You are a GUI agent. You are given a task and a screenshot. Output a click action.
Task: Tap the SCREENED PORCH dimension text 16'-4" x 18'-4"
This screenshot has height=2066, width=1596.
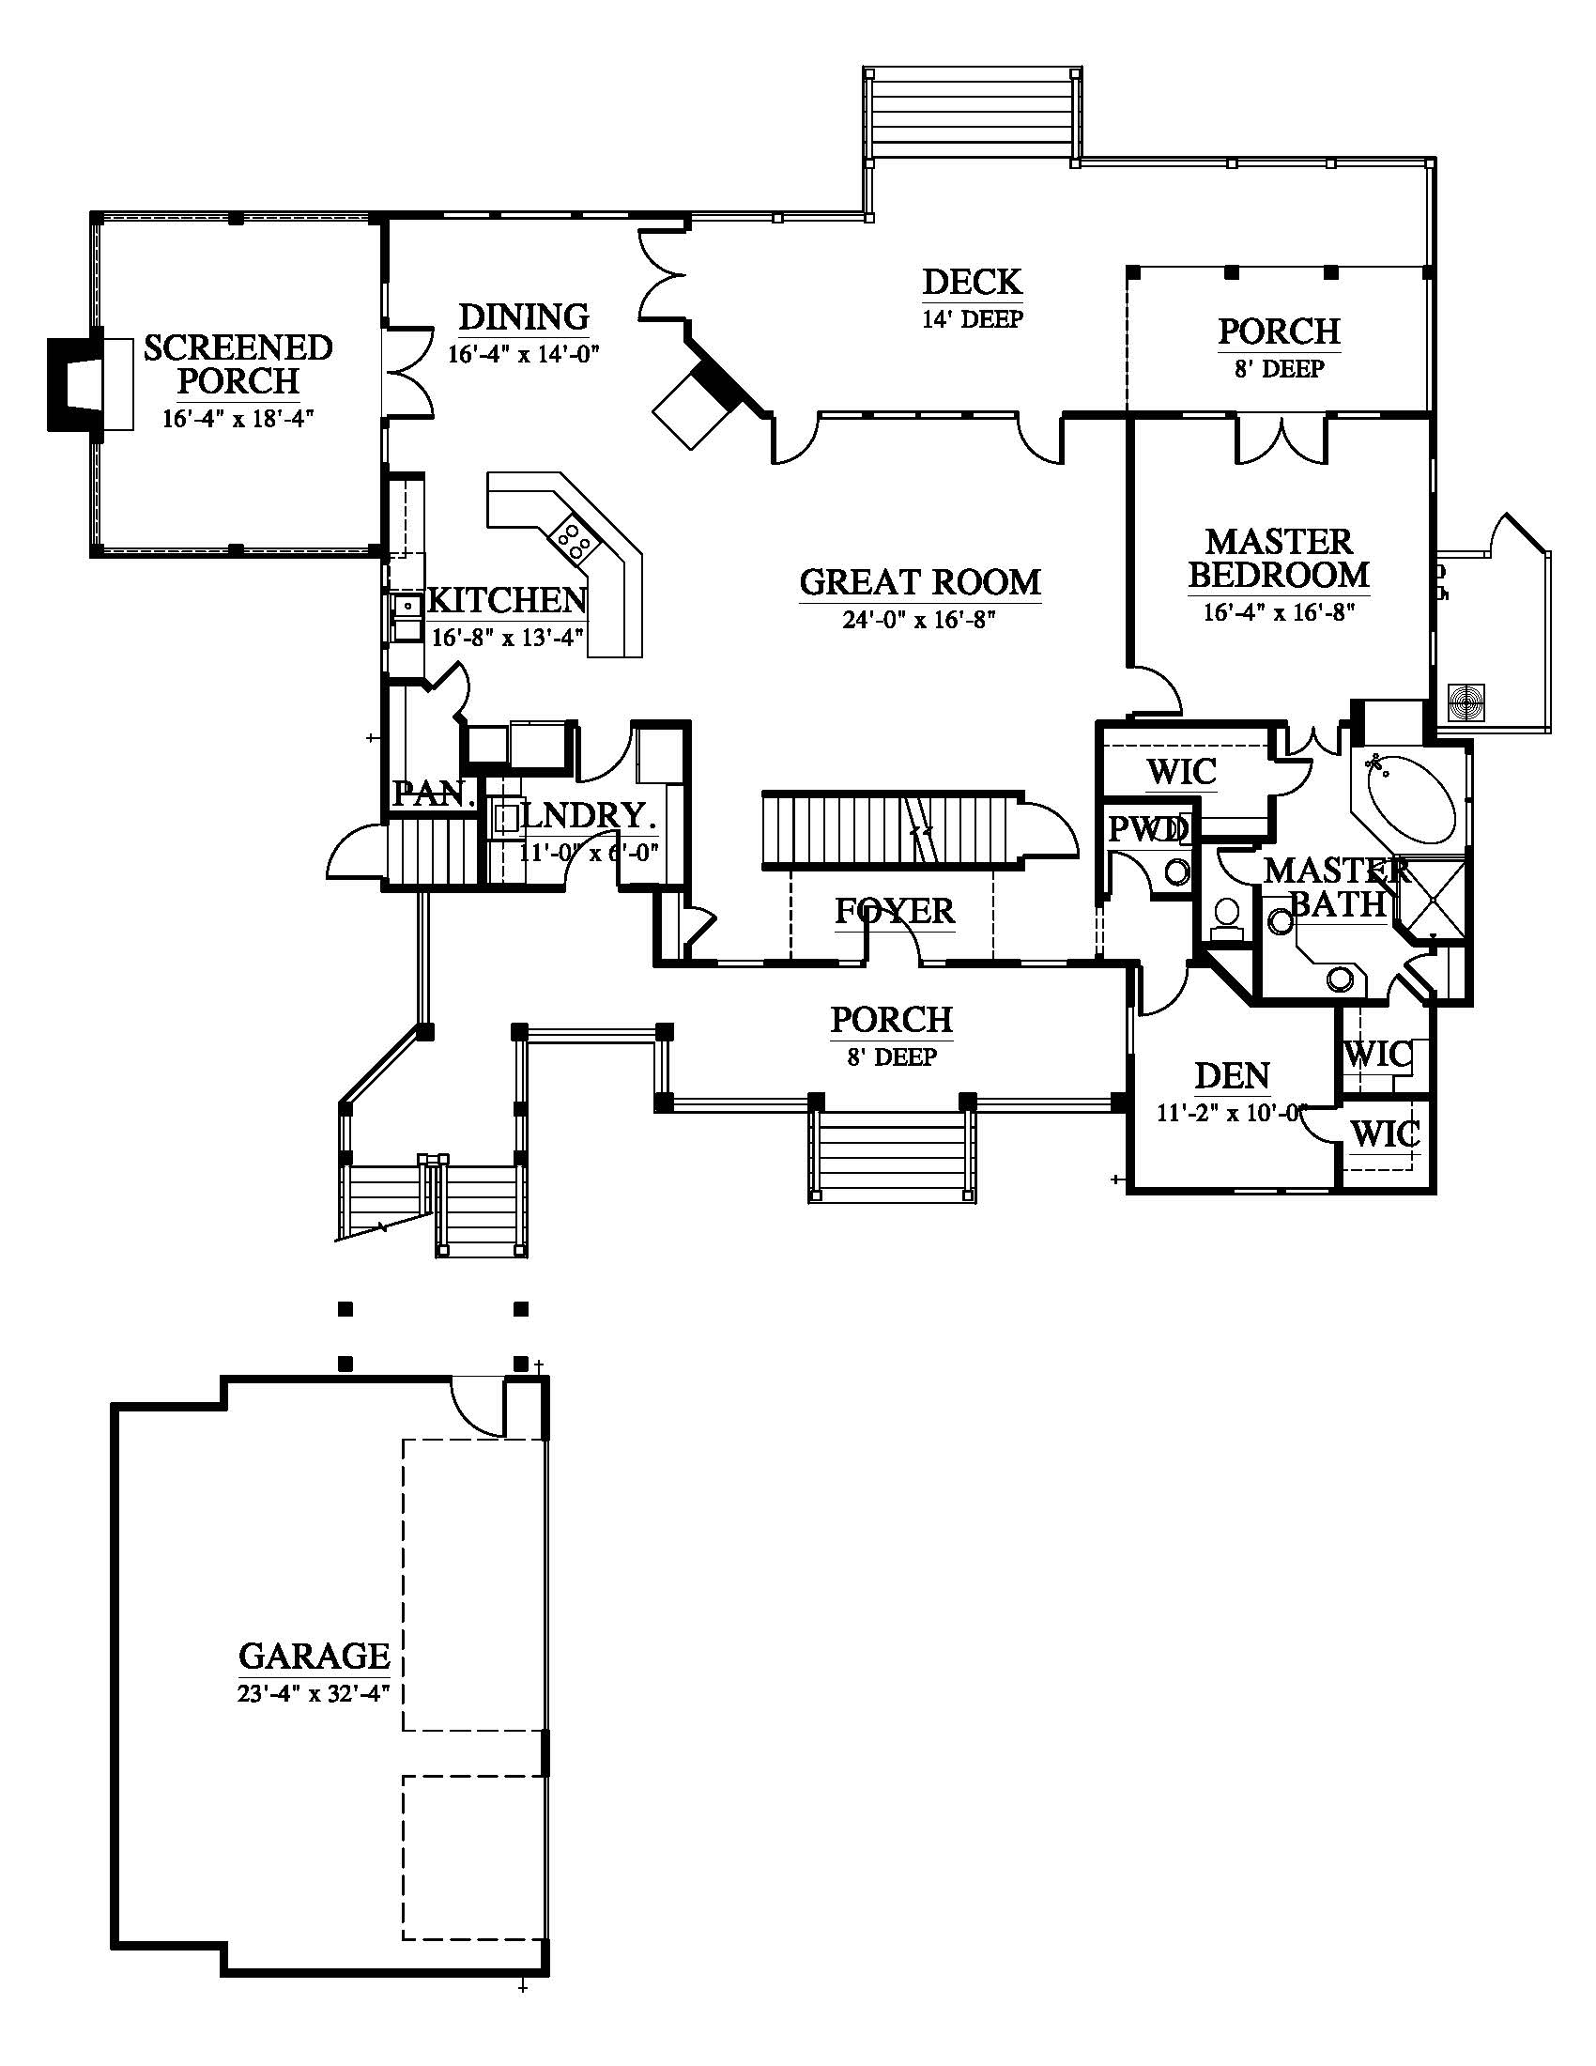tap(238, 418)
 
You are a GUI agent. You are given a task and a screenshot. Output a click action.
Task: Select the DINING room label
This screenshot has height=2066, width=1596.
tap(524, 316)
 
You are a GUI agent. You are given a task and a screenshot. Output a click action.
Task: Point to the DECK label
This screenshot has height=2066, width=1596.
tap(972, 282)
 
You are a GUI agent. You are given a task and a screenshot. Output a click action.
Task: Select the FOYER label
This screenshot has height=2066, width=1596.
tap(895, 911)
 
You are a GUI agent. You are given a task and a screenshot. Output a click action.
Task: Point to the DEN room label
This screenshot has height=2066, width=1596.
tap(1232, 1075)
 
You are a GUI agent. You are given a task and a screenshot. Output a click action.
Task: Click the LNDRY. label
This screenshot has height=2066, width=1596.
tap(587, 815)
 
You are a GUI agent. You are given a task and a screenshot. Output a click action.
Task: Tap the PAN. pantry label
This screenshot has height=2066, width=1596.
tap(434, 793)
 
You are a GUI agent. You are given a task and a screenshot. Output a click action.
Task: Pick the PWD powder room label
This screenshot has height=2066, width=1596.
tap(1147, 829)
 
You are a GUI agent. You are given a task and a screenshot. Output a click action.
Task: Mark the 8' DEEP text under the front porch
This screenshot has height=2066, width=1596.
tap(892, 1056)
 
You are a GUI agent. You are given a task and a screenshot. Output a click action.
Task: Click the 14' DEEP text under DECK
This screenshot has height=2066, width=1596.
tap(972, 318)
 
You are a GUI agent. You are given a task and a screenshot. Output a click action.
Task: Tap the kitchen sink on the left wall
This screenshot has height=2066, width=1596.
tap(408, 615)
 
